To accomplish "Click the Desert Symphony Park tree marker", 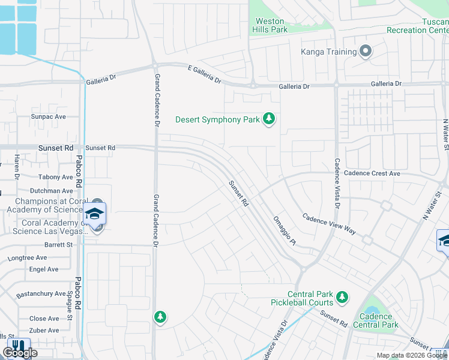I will point(270,119).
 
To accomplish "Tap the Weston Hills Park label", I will point(270,25).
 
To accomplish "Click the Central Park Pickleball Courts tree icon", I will point(342,297).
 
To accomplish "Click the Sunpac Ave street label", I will point(49,116).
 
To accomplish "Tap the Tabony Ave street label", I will point(55,177).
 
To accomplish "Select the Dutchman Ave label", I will point(53,190).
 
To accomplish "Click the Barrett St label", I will point(58,245).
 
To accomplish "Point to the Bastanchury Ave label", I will point(41,293).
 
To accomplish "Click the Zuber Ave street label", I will point(44,330).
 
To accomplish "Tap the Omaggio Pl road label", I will point(285,231).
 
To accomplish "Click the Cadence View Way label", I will point(328,224).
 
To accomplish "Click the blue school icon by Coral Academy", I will point(95,214).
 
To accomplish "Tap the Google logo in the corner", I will point(20,353).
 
